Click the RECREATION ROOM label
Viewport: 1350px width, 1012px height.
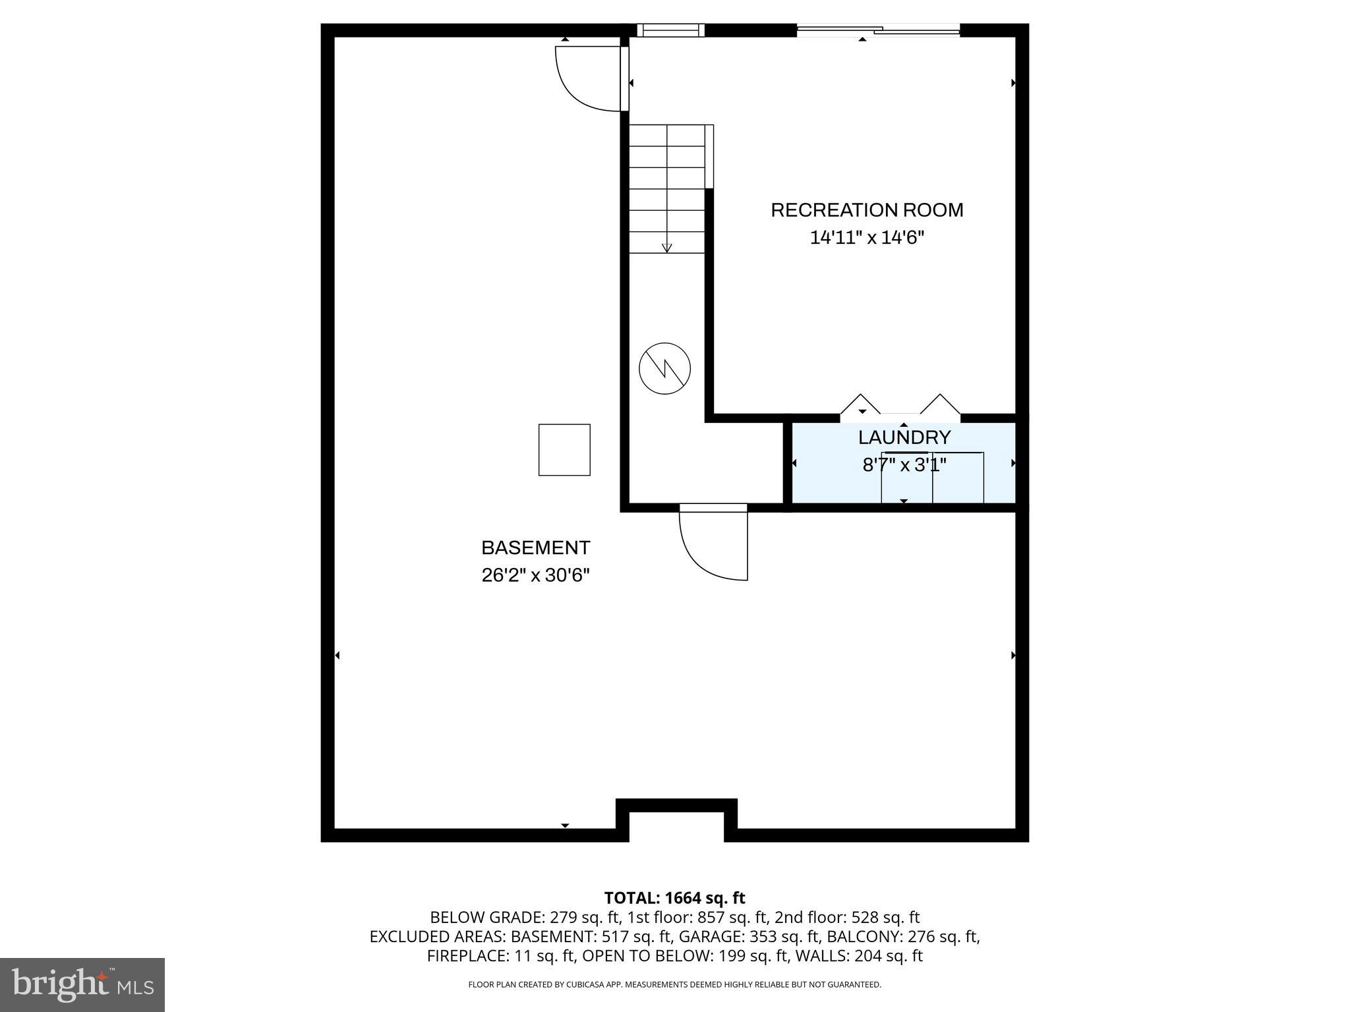pos(867,210)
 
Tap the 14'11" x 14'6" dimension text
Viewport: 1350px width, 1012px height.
pos(867,238)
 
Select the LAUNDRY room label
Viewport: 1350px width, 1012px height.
pos(904,437)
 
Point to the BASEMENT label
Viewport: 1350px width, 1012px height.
pos(535,548)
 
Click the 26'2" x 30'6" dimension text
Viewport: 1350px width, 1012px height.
pos(535,575)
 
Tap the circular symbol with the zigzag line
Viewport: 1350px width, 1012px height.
pos(664,368)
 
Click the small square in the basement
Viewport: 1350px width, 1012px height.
pos(564,449)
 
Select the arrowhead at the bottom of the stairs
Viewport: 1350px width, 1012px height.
pos(666,248)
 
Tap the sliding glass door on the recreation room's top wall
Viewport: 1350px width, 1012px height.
pos(877,30)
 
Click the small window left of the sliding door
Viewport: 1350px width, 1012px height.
pos(670,30)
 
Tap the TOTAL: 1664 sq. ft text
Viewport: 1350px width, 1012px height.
pos(674,898)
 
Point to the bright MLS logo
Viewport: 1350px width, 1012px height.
pos(82,984)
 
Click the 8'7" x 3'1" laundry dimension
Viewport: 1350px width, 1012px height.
pos(904,465)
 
